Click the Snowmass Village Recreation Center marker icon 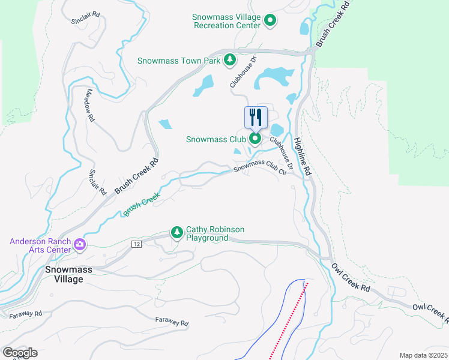[x=270, y=21]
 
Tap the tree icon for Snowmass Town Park [x=229, y=60]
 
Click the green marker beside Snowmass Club [x=255, y=140]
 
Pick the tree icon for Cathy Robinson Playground [x=176, y=232]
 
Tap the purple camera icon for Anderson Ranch [x=79, y=244]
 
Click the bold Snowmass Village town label [x=69, y=275]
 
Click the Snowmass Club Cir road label [x=259, y=167]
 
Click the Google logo [x=20, y=353]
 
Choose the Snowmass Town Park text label [x=179, y=61]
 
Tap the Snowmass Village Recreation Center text [x=227, y=21]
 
